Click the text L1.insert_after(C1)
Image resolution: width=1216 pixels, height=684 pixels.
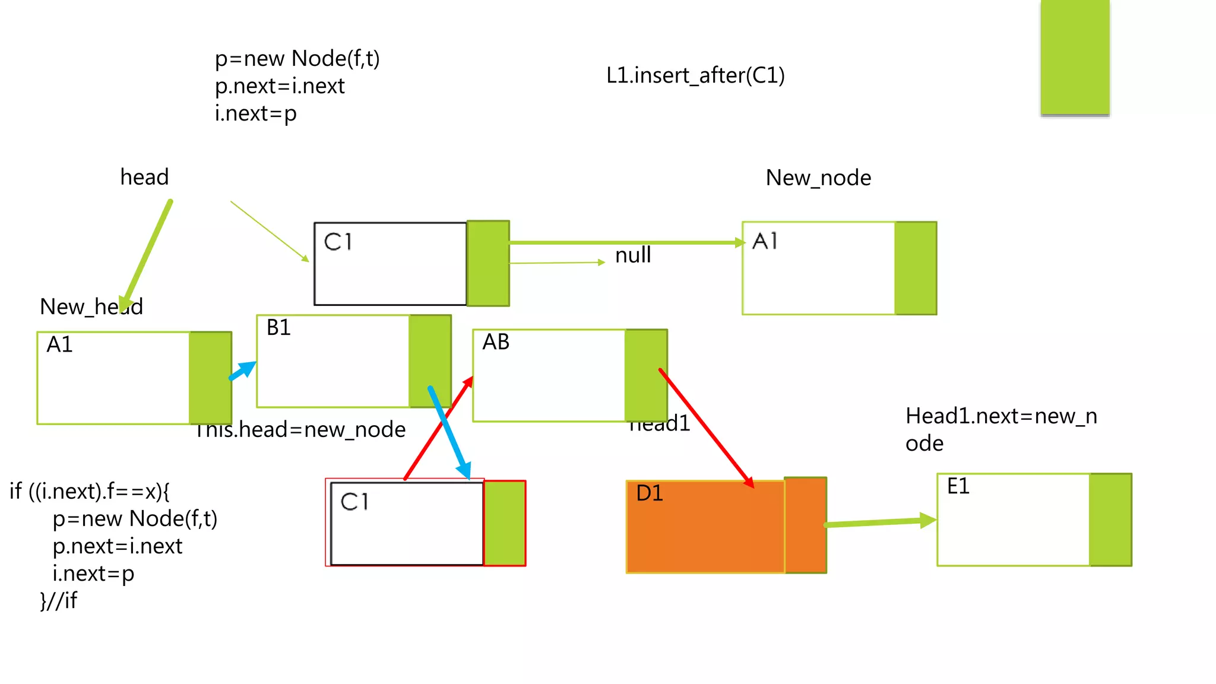(x=695, y=75)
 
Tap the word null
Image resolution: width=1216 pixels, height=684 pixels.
(x=633, y=255)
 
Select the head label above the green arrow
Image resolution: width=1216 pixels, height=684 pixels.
(x=144, y=177)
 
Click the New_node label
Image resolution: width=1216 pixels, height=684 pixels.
(x=818, y=178)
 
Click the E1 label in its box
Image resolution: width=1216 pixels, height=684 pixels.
(x=958, y=486)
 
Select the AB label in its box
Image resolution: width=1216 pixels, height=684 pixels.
(x=496, y=342)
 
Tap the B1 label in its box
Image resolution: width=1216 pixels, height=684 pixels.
(x=278, y=328)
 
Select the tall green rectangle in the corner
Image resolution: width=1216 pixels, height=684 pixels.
(x=1075, y=57)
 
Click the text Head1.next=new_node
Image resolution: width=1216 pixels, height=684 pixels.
(x=1000, y=429)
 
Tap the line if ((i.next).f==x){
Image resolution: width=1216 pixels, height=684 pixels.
(x=90, y=492)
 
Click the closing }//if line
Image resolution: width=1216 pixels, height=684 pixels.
(x=58, y=601)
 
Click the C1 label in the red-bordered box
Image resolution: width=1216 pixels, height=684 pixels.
(x=354, y=502)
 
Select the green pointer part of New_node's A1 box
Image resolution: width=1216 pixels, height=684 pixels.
(x=916, y=268)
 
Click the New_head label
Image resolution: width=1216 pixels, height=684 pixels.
(x=91, y=307)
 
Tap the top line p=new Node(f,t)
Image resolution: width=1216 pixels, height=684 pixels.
(x=297, y=59)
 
